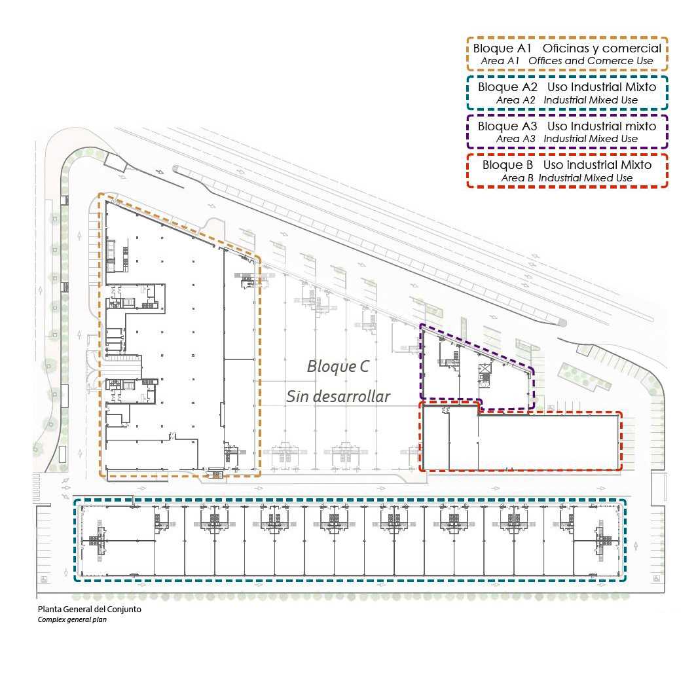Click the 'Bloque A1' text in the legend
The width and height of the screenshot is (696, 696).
click(502, 48)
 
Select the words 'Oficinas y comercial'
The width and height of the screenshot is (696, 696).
click(602, 49)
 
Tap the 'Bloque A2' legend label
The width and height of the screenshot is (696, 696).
click(507, 87)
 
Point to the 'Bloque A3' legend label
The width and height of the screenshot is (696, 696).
click(507, 126)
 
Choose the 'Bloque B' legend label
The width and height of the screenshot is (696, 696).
click(507, 165)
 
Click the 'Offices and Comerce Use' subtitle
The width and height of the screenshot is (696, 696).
click(591, 61)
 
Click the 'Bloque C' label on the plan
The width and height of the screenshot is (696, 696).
click(339, 366)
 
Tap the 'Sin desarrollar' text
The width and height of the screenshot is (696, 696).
click(339, 396)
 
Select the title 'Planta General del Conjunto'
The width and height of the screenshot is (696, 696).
click(89, 610)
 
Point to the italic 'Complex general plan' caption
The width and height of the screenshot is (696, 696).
click(72, 619)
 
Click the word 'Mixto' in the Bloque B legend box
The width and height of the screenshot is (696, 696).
click(636, 165)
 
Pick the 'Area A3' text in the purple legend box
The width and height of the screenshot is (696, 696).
click(515, 139)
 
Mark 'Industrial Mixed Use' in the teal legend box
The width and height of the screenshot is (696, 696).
click(591, 100)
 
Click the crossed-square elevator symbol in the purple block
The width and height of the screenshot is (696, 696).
click(485, 368)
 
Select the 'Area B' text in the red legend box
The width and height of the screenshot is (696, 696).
click(517, 178)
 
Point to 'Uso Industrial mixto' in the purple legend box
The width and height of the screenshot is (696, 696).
click(602, 126)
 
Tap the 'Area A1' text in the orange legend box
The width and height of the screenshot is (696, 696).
click(500, 61)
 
